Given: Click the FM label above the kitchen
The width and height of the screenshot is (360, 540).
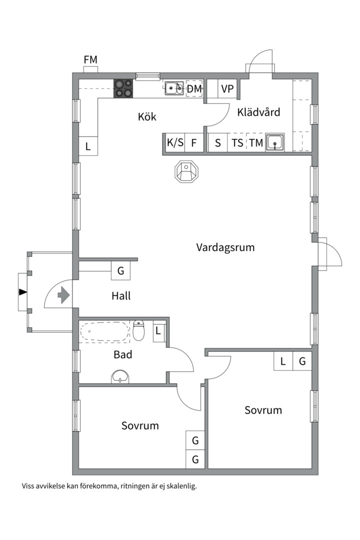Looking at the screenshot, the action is point(90,60).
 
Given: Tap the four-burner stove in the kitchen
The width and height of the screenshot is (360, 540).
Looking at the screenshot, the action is point(123,89).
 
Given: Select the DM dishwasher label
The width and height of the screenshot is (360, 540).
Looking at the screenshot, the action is point(194,89).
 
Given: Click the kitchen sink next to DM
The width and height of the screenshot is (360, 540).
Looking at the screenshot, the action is point(174,88).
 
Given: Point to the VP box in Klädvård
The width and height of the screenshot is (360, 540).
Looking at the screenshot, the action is point(227,89).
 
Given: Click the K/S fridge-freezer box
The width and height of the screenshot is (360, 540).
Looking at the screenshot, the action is point(175,142).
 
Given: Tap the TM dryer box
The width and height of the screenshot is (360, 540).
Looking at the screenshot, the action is point(256,142).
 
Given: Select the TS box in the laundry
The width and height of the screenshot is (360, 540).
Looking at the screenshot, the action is point(237,142).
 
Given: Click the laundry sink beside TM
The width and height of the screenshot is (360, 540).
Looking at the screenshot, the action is point(274,142).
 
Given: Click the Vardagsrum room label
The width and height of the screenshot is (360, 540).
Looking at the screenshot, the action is point(225,247).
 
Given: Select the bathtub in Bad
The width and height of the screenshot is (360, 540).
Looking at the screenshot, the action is point(105,331).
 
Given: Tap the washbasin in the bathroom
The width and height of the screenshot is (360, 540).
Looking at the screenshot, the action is point(120,376).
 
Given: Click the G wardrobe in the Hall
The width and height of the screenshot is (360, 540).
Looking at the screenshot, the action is point(120,271).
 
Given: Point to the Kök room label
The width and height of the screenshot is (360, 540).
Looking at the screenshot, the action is point(147,117).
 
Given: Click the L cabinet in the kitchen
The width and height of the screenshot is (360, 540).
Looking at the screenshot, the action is point(88,146).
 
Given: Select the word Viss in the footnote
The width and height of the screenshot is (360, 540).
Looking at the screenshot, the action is point(29,485).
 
